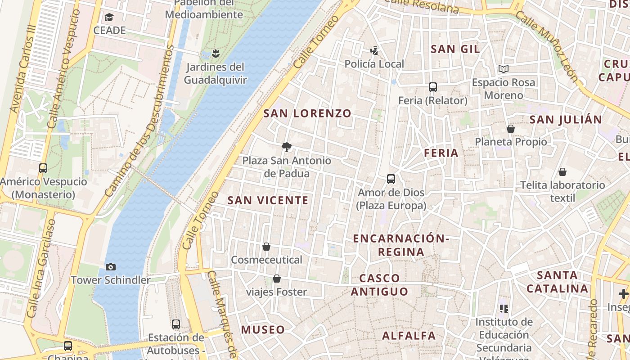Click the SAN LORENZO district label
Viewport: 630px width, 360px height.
pos(307,113)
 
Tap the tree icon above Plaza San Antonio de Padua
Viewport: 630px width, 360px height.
pos(286,147)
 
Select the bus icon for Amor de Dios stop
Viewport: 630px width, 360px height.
pos(391,179)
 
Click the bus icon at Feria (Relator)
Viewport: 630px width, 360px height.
pos(433,87)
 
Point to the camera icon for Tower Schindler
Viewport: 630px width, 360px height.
pos(111,267)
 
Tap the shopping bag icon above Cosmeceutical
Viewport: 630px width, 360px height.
pos(266,247)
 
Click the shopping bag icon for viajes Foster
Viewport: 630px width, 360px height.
pos(277,279)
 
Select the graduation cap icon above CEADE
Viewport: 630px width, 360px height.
pos(109,18)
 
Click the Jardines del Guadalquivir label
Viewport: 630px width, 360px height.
pos(215,73)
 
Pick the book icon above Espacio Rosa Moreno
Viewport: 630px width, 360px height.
pos(503,69)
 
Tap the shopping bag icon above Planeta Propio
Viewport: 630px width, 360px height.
pos(511,129)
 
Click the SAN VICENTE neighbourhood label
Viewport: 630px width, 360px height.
pos(268,200)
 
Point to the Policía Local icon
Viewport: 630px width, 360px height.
pos(374,50)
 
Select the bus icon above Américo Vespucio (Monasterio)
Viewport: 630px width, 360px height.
pos(43,168)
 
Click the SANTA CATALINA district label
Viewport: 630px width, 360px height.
pos(557,282)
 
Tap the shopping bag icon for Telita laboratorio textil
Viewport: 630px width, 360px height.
pos(562,172)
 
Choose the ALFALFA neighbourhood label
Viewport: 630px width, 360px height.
pos(409,335)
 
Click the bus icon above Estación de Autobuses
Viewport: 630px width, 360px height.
pos(176,324)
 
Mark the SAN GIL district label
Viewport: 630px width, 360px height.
pos(455,49)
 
